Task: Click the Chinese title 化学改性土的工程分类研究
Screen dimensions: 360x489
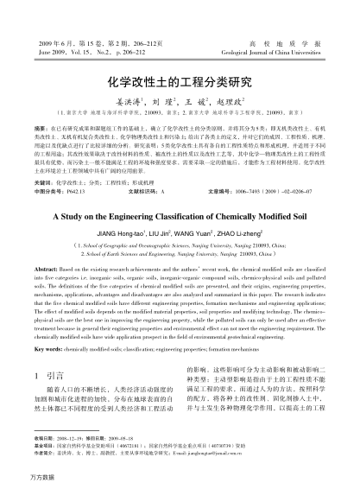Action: point(180,84)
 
